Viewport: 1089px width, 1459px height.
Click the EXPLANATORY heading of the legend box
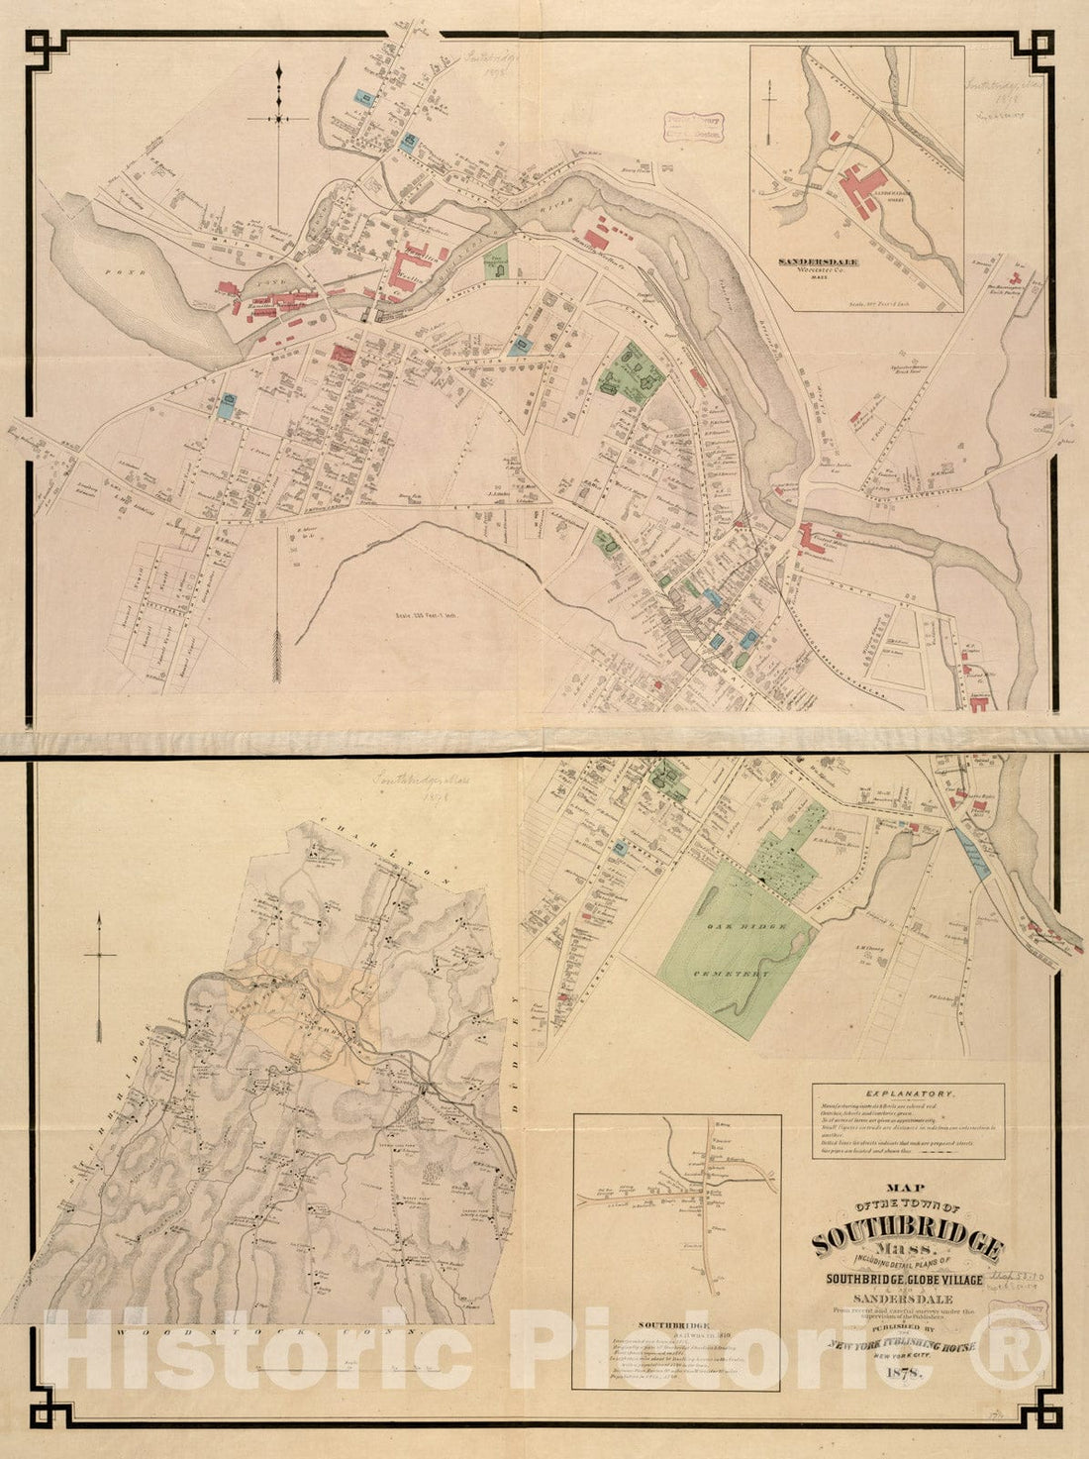click(908, 1094)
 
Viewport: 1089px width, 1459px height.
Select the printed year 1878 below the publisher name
click(907, 1372)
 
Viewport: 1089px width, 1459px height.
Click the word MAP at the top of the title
click(908, 1190)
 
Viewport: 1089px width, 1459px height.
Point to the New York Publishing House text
click(907, 1345)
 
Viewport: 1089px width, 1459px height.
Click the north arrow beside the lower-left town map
click(99, 976)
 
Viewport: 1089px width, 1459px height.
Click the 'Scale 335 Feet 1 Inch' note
click(418, 613)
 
